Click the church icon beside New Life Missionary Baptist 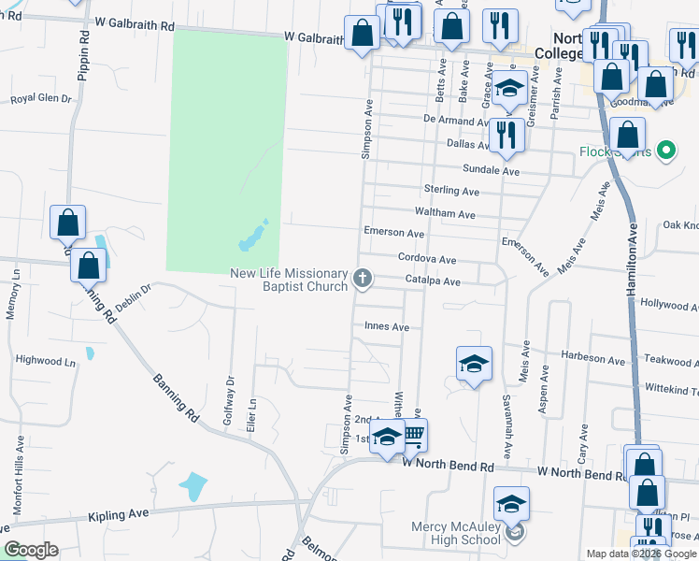[x=363, y=278]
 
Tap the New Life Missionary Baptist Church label [x=290, y=280]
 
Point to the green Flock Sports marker [x=665, y=149]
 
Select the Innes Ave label [x=387, y=327]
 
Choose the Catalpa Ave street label [x=432, y=280]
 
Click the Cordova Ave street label [x=426, y=260]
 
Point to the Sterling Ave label [x=451, y=191]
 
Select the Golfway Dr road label [x=228, y=400]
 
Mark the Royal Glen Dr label [x=40, y=97]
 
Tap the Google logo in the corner [x=31, y=550]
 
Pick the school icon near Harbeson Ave [x=474, y=365]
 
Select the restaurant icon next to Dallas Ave [x=506, y=135]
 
